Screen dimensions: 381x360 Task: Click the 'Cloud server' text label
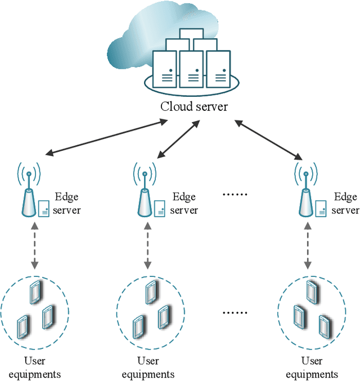click(x=194, y=106)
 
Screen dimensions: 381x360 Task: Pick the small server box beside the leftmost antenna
click(x=44, y=209)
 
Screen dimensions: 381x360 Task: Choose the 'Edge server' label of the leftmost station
click(x=67, y=204)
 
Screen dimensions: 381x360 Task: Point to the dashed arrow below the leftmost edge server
click(x=35, y=245)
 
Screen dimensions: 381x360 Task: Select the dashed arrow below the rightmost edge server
click(x=308, y=245)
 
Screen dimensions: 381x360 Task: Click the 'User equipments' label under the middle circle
click(x=148, y=367)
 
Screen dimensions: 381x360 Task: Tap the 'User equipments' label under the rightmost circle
click(x=312, y=367)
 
